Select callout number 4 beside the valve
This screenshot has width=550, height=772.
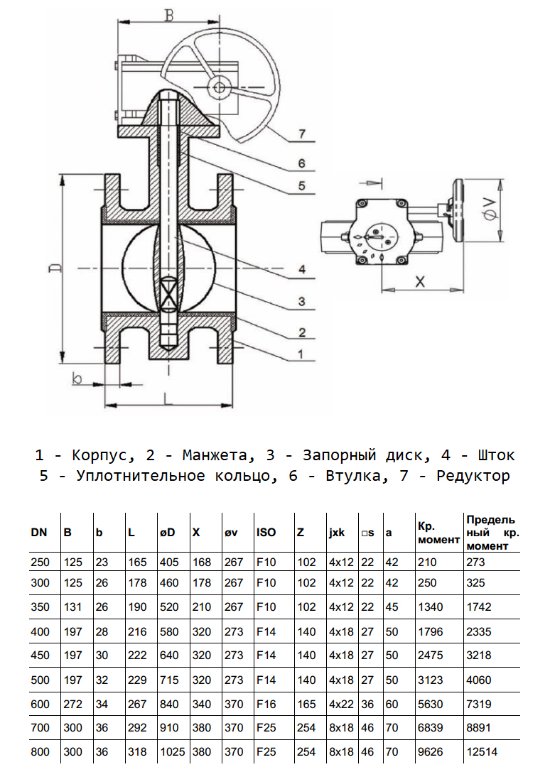301,270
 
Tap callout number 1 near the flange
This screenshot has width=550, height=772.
301,353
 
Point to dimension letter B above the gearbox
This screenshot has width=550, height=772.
168,13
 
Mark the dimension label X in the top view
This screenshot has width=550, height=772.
420,281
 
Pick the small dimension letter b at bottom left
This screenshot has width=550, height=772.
77,378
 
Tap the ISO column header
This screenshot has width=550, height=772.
266,533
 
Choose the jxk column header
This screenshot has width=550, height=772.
338,533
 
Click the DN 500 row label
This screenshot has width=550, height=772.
41,680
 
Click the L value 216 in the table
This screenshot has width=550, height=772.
137,631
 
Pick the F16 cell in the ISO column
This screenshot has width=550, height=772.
265,705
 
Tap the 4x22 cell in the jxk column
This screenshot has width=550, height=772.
339,705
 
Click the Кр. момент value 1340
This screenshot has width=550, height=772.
429,607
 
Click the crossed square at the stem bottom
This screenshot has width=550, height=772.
168,293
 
